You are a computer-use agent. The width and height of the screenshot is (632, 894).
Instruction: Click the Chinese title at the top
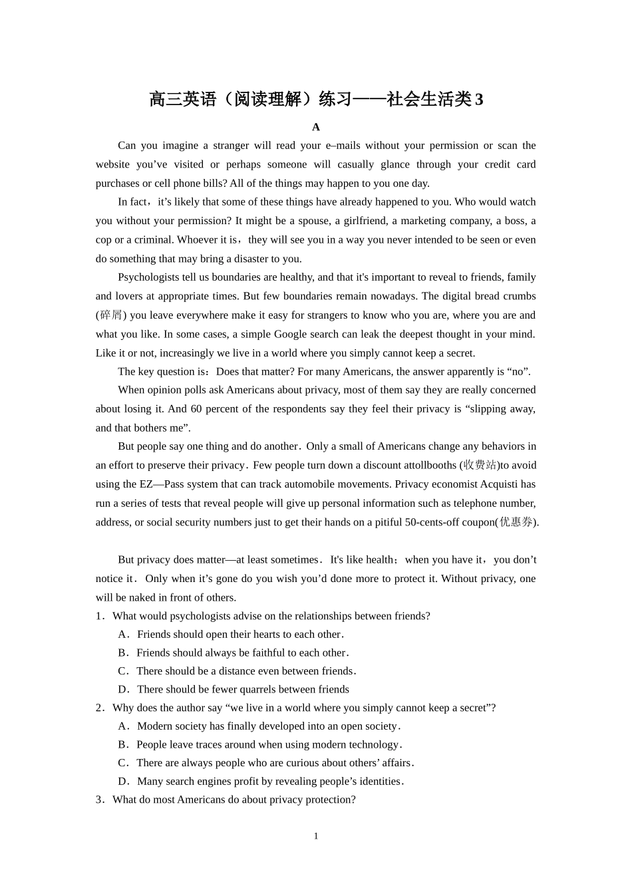click(316, 99)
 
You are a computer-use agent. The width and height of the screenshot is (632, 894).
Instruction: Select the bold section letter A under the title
click(316, 127)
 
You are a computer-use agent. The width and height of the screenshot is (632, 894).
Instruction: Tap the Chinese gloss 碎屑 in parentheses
click(111, 315)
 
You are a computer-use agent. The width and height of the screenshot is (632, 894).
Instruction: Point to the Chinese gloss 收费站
click(480, 465)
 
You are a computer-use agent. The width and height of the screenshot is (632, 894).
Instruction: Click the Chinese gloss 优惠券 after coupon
click(516, 522)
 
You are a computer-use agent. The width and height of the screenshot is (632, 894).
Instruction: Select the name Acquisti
click(498, 484)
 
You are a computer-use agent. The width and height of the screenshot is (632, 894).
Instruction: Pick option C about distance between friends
click(237, 671)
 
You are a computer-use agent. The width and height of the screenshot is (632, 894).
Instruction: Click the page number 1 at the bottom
click(316, 836)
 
